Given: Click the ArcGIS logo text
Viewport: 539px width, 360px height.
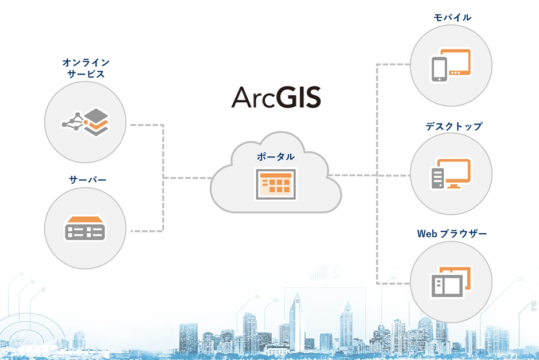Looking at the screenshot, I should (276, 98).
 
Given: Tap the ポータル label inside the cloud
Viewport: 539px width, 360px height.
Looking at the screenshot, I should (276, 157).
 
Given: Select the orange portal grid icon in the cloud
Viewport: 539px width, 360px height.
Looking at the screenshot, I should (276, 184).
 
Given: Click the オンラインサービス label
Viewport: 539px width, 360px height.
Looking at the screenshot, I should (86, 68).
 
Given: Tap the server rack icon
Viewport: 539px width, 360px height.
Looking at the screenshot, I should (84, 229).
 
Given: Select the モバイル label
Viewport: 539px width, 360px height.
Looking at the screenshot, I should (452, 17).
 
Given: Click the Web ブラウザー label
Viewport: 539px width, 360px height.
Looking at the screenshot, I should (452, 234).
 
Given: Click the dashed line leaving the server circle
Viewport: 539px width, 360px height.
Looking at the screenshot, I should (147, 231).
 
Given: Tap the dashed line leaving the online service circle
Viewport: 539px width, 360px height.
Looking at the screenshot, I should (147, 125).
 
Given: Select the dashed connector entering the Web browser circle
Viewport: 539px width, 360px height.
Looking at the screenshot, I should (394, 283).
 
